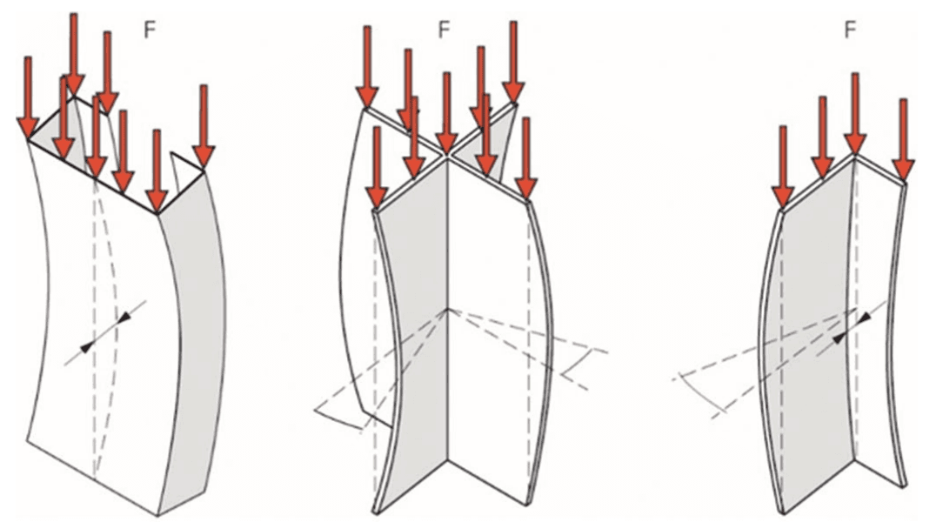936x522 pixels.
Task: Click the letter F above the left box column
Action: (x=150, y=30)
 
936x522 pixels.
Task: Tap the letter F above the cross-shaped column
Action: (x=444, y=30)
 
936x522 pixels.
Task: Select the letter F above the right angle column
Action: (x=850, y=30)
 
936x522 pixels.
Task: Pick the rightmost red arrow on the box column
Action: (x=204, y=126)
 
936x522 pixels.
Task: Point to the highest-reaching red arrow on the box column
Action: (x=74, y=54)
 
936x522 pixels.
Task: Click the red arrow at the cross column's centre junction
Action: (x=446, y=112)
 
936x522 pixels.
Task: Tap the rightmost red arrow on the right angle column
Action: (x=903, y=139)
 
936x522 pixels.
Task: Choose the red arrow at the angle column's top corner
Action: (x=855, y=113)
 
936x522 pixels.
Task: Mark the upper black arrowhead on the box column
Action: (x=124, y=318)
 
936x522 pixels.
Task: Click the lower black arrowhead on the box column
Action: (x=87, y=346)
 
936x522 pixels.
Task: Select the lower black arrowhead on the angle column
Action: (x=840, y=338)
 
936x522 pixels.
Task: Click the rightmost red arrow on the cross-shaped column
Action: (x=526, y=157)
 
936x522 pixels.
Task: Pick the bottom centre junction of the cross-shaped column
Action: (x=448, y=460)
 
